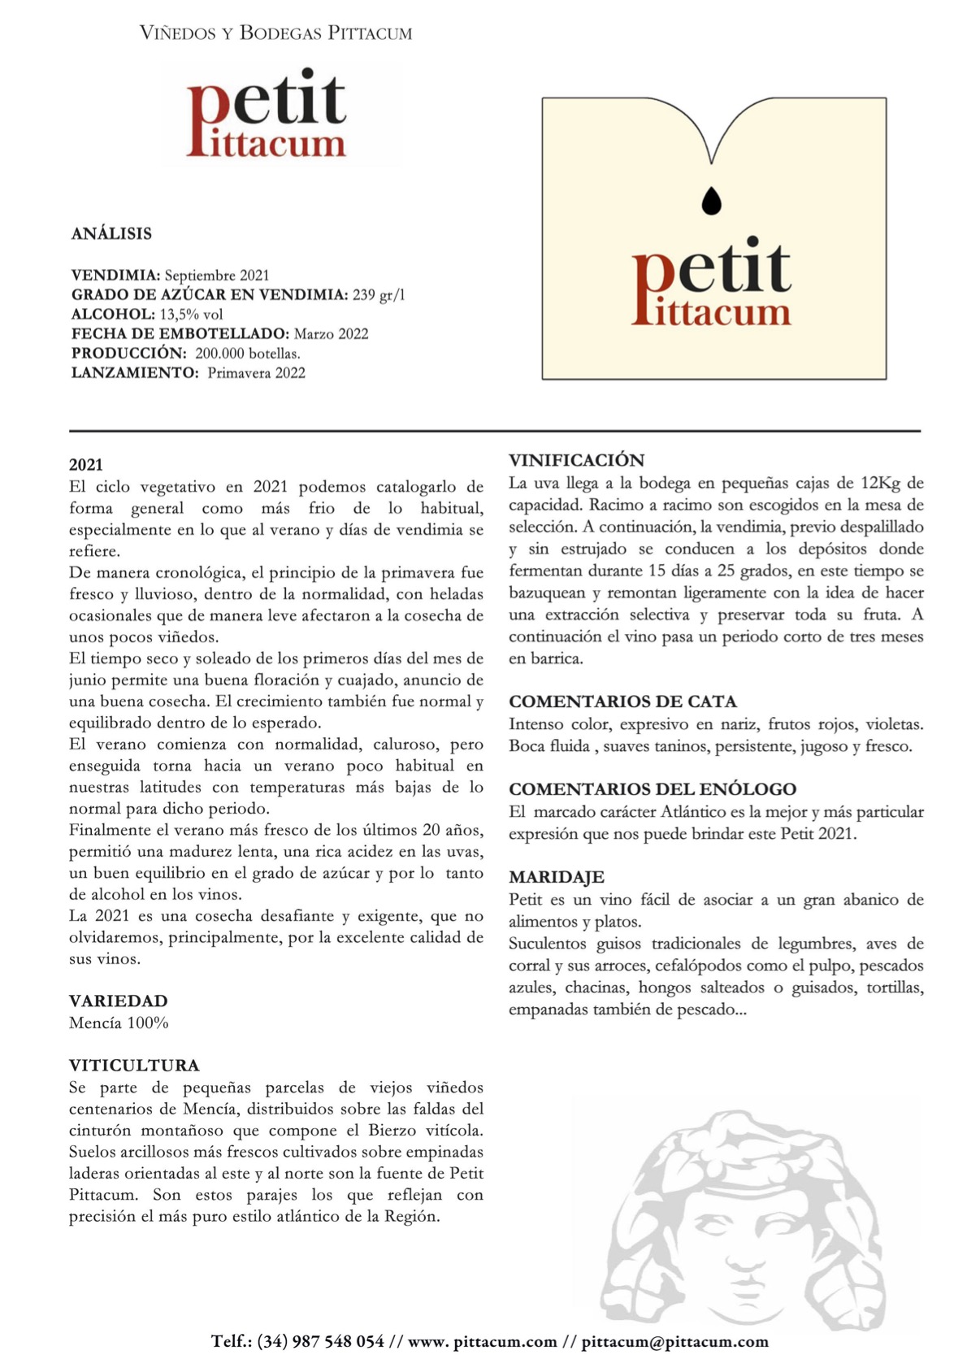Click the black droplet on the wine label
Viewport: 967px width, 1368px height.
pyautogui.click(x=711, y=201)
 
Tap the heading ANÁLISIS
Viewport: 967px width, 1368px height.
pyautogui.click(x=111, y=234)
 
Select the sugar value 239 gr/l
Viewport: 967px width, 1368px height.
pyautogui.click(x=379, y=295)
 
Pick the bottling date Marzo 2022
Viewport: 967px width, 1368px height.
pyautogui.click(x=331, y=334)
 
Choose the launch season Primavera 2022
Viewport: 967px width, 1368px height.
pyautogui.click(x=256, y=373)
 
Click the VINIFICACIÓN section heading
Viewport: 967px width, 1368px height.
pyautogui.click(x=576, y=460)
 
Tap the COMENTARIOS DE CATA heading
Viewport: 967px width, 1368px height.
pyautogui.click(x=622, y=701)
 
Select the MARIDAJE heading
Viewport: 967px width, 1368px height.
pyautogui.click(x=556, y=877)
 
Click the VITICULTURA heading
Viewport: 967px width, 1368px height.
pyautogui.click(x=134, y=1065)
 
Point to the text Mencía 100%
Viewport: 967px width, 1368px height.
pyautogui.click(x=119, y=1023)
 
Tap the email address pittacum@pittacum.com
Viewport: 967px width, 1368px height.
pyautogui.click(x=674, y=1341)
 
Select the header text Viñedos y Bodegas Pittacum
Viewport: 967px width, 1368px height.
pyautogui.click(x=275, y=33)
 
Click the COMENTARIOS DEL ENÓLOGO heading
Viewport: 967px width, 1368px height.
pyautogui.click(x=652, y=789)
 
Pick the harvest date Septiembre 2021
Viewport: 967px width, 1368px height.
pyautogui.click(x=217, y=276)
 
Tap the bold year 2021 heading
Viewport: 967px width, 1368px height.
pyautogui.click(x=86, y=465)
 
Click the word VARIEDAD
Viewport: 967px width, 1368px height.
pyautogui.click(x=119, y=1001)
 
